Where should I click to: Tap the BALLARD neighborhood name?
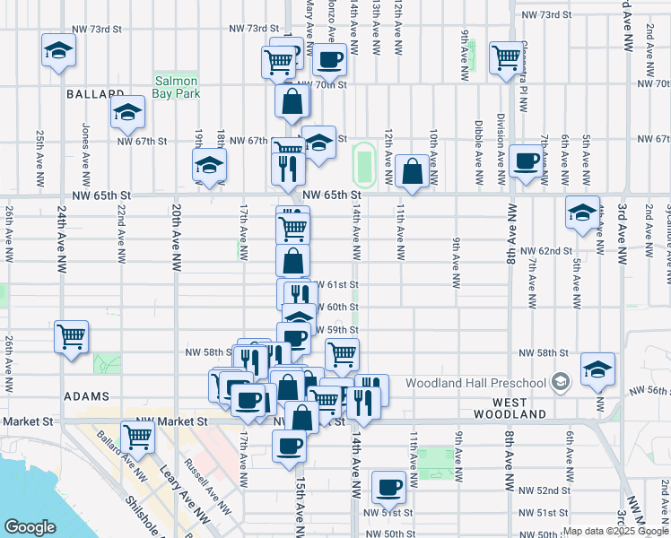point(94,94)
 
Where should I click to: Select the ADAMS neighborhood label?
point(86,395)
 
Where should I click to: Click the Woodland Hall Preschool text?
point(476,384)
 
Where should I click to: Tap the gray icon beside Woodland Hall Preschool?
point(561,383)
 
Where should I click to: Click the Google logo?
point(30,526)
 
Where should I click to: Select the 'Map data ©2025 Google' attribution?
point(615,532)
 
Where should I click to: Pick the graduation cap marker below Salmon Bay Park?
point(127,112)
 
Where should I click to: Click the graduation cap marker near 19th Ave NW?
point(209,165)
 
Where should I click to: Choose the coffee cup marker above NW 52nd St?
point(388,487)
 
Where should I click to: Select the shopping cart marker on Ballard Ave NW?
point(138,437)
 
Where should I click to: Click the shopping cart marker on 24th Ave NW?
point(71,337)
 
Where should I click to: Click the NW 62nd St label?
point(554,251)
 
